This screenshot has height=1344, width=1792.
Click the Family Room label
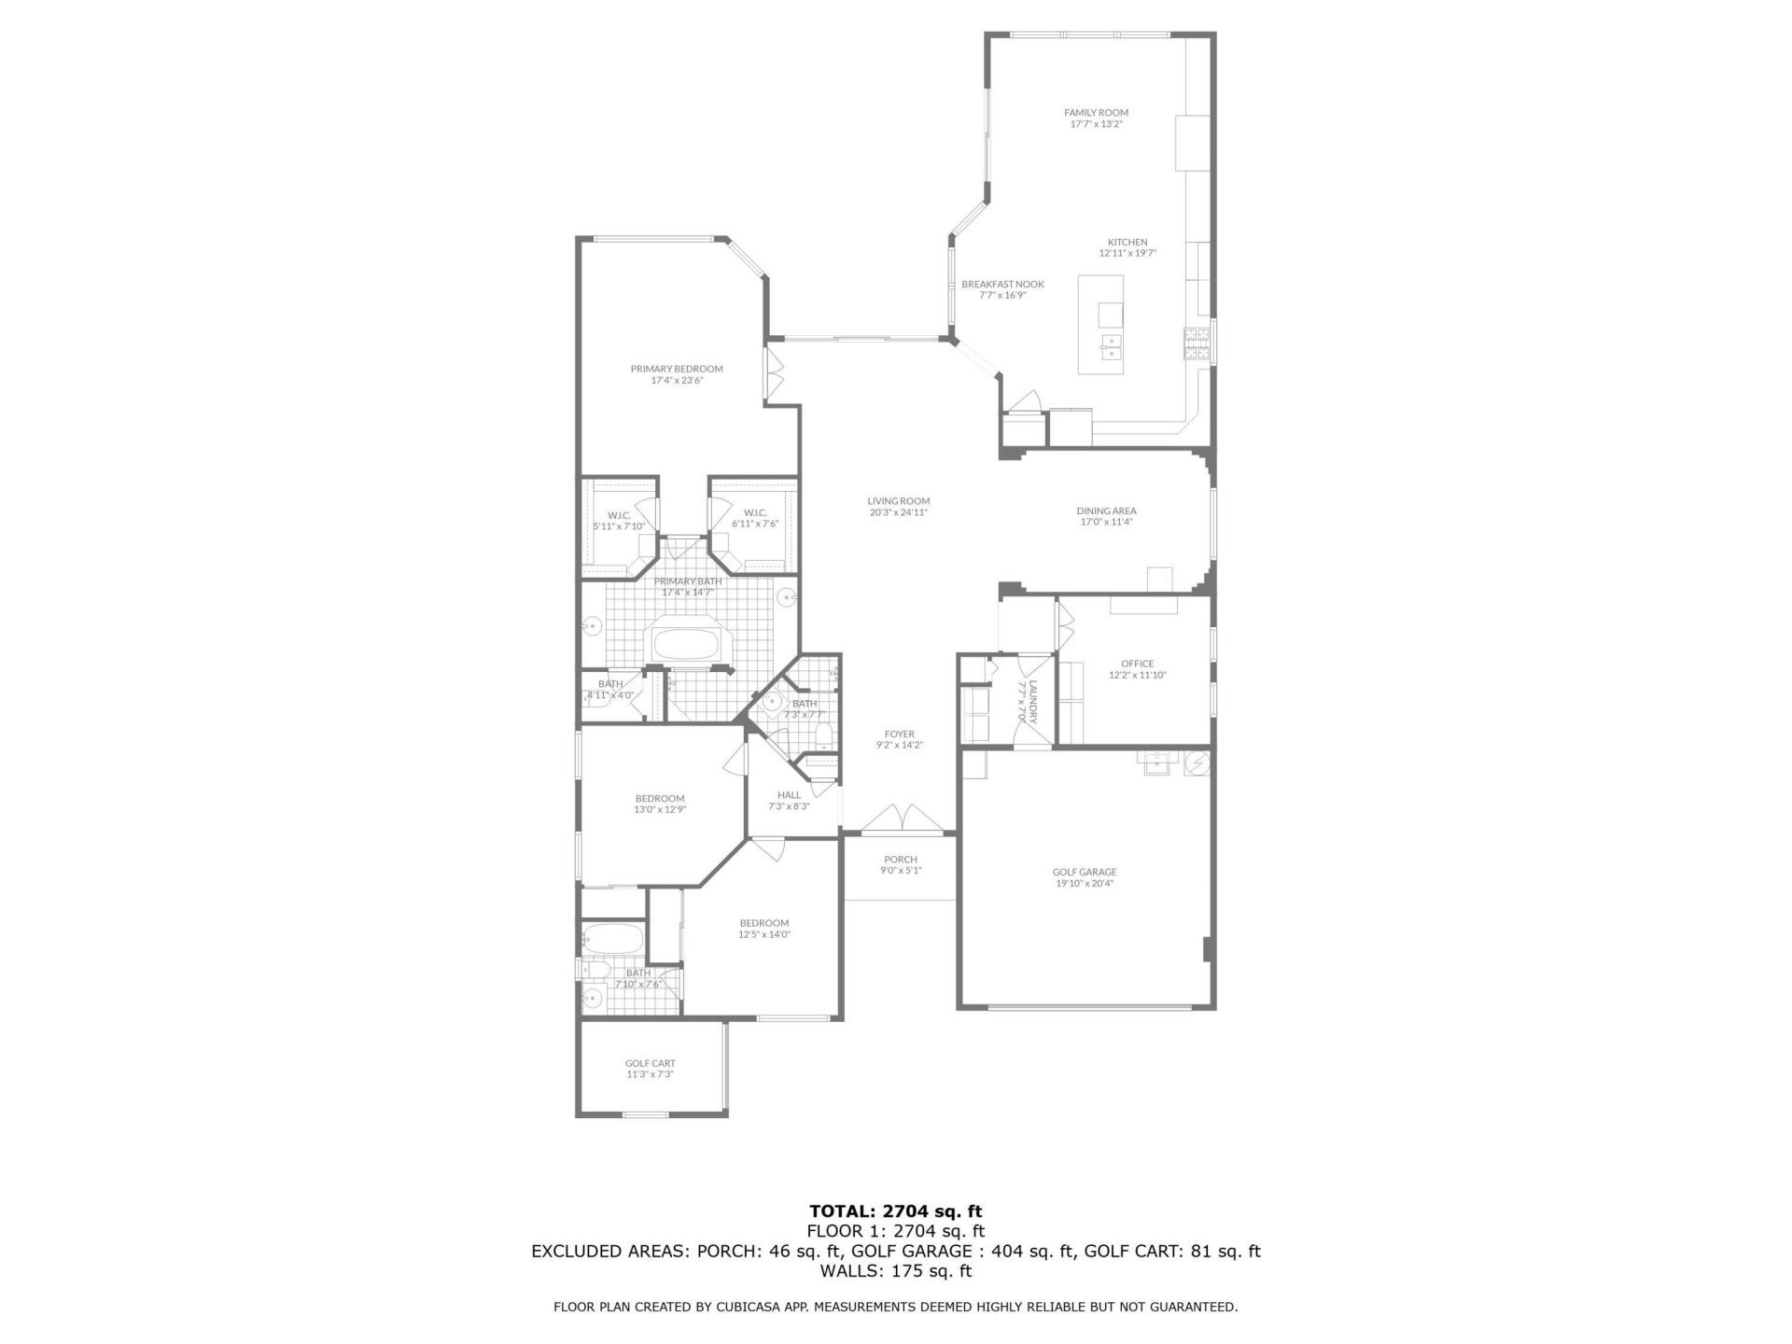[x=1096, y=113]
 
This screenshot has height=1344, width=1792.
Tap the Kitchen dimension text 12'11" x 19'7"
[x=1127, y=253]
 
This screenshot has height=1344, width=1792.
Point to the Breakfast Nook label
[x=1002, y=285]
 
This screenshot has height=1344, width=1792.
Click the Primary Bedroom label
[x=676, y=369]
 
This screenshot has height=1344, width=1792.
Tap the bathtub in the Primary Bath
[x=687, y=644]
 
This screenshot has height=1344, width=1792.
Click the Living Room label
[x=898, y=501]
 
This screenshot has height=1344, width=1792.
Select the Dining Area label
[x=1106, y=511]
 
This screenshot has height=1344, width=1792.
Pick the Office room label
[x=1137, y=664]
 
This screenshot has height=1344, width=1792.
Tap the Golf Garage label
[x=1084, y=872]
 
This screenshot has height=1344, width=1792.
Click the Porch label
[x=900, y=860]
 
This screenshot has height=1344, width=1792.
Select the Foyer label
[x=899, y=735]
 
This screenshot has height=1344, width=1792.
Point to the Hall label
[x=789, y=795]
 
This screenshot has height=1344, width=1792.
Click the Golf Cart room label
[x=650, y=1063]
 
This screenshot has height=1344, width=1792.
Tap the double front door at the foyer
[x=901, y=819]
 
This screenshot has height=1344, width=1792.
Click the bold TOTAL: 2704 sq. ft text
[x=895, y=1212]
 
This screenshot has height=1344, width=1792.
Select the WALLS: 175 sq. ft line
[x=895, y=1271]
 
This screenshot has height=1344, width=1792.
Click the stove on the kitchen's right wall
[x=1197, y=344]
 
